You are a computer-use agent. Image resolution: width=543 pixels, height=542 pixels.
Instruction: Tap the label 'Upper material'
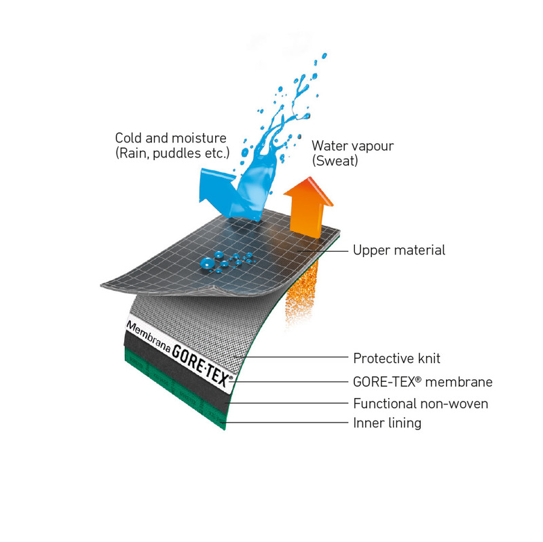pyautogui.click(x=399, y=250)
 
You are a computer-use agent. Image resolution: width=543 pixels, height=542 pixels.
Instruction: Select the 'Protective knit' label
pyautogui.click(x=396, y=358)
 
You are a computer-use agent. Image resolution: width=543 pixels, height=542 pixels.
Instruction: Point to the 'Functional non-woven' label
pyautogui.click(x=420, y=404)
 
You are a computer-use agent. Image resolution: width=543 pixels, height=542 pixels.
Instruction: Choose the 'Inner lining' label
pyautogui.click(x=387, y=423)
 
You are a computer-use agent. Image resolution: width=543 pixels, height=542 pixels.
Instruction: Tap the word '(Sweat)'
pyautogui.click(x=335, y=161)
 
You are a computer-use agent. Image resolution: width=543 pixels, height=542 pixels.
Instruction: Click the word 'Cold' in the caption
pyautogui.click(x=128, y=138)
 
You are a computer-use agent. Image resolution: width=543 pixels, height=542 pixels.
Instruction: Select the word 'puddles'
pyautogui.click(x=176, y=153)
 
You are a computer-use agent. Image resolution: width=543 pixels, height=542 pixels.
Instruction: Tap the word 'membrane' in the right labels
pyautogui.click(x=459, y=382)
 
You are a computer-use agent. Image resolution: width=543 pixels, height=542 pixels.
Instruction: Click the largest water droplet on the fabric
pyautogui.click(x=207, y=263)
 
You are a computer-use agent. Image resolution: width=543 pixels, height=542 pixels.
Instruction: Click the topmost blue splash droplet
pyautogui.click(x=324, y=56)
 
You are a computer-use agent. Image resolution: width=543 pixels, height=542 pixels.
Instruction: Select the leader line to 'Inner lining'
pyautogui.click(x=286, y=422)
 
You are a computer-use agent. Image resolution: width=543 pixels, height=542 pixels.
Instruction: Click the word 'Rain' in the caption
pyautogui.click(x=133, y=153)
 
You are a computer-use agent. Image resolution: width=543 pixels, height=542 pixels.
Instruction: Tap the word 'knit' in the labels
pyautogui.click(x=430, y=358)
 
